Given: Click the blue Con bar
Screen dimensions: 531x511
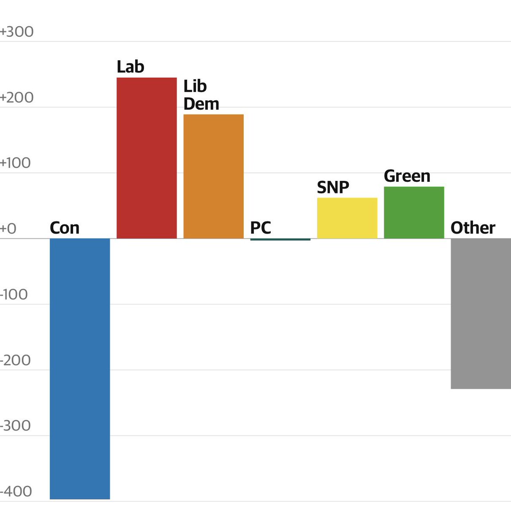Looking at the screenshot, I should pos(80,368).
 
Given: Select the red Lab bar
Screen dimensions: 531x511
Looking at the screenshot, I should pos(147,158).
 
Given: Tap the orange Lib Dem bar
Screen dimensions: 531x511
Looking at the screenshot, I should pos(214,176).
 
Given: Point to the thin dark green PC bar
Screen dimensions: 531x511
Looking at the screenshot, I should pos(280,239).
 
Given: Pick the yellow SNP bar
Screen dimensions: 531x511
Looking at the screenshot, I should pos(347,218).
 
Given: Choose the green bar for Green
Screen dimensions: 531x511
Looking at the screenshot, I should pos(414,212).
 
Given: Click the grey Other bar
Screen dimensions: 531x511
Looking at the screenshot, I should pos(481,313).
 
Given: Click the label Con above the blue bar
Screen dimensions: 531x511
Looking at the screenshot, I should pos(65,228).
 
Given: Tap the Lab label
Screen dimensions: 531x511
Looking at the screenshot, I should pos(130,67).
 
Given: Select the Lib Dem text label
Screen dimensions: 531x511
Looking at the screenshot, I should pos(201,95).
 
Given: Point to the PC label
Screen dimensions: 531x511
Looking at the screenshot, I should pos(261,228).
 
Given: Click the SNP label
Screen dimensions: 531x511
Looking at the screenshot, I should pos(333,188).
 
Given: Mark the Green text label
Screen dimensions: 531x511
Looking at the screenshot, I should pos(407,176).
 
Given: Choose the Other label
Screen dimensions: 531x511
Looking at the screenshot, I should pos(473,228).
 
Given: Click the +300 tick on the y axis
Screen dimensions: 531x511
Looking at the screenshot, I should pos(17,32).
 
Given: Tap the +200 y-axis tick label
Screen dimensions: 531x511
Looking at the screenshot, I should pos(17,97).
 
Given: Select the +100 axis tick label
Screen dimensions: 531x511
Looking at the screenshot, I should pos(16,163).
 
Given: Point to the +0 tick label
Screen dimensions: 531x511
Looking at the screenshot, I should pos(8,229).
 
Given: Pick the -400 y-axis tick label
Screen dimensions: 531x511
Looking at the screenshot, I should pos(16,491).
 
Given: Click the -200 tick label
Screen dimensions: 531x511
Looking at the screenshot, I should pos(16,360).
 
